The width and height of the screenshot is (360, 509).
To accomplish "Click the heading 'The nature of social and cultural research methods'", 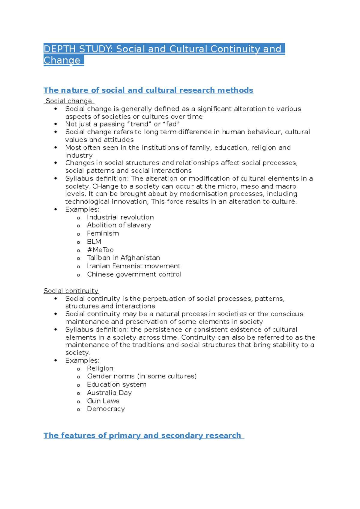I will [x=148, y=90].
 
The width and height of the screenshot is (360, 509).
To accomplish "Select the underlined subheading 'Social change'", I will [x=69, y=101].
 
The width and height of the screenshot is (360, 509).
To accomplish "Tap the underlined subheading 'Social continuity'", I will [x=71, y=291].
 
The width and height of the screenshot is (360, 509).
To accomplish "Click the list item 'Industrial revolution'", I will [x=120, y=217].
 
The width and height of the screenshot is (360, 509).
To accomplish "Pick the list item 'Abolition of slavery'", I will [x=119, y=225].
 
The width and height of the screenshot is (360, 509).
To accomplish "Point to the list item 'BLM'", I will [x=94, y=242].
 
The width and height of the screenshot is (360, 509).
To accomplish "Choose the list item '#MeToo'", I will [x=100, y=250].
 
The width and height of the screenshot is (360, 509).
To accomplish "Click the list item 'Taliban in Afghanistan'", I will [x=123, y=258].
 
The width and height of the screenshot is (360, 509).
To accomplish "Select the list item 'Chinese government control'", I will [x=134, y=274].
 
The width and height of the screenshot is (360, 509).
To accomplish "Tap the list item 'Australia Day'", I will [x=109, y=393].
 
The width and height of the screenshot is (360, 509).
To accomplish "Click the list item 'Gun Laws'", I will [x=103, y=401].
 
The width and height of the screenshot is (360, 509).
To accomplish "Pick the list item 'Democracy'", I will [x=106, y=409].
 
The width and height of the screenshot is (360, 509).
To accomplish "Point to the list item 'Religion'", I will [x=100, y=368].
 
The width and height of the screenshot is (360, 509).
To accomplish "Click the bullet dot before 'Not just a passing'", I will [x=55, y=124].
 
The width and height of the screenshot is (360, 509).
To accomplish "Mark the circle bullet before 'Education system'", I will [x=79, y=385].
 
